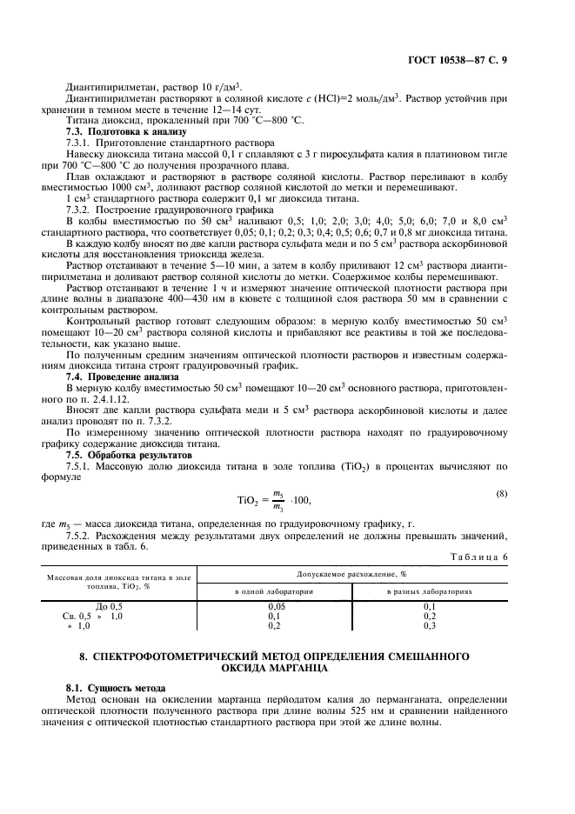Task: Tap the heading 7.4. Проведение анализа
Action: click(x=110, y=377)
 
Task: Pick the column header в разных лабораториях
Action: click(x=430, y=590)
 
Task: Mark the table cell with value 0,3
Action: click(x=430, y=625)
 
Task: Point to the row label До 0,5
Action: click(x=109, y=605)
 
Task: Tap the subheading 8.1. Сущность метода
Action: click(x=116, y=687)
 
